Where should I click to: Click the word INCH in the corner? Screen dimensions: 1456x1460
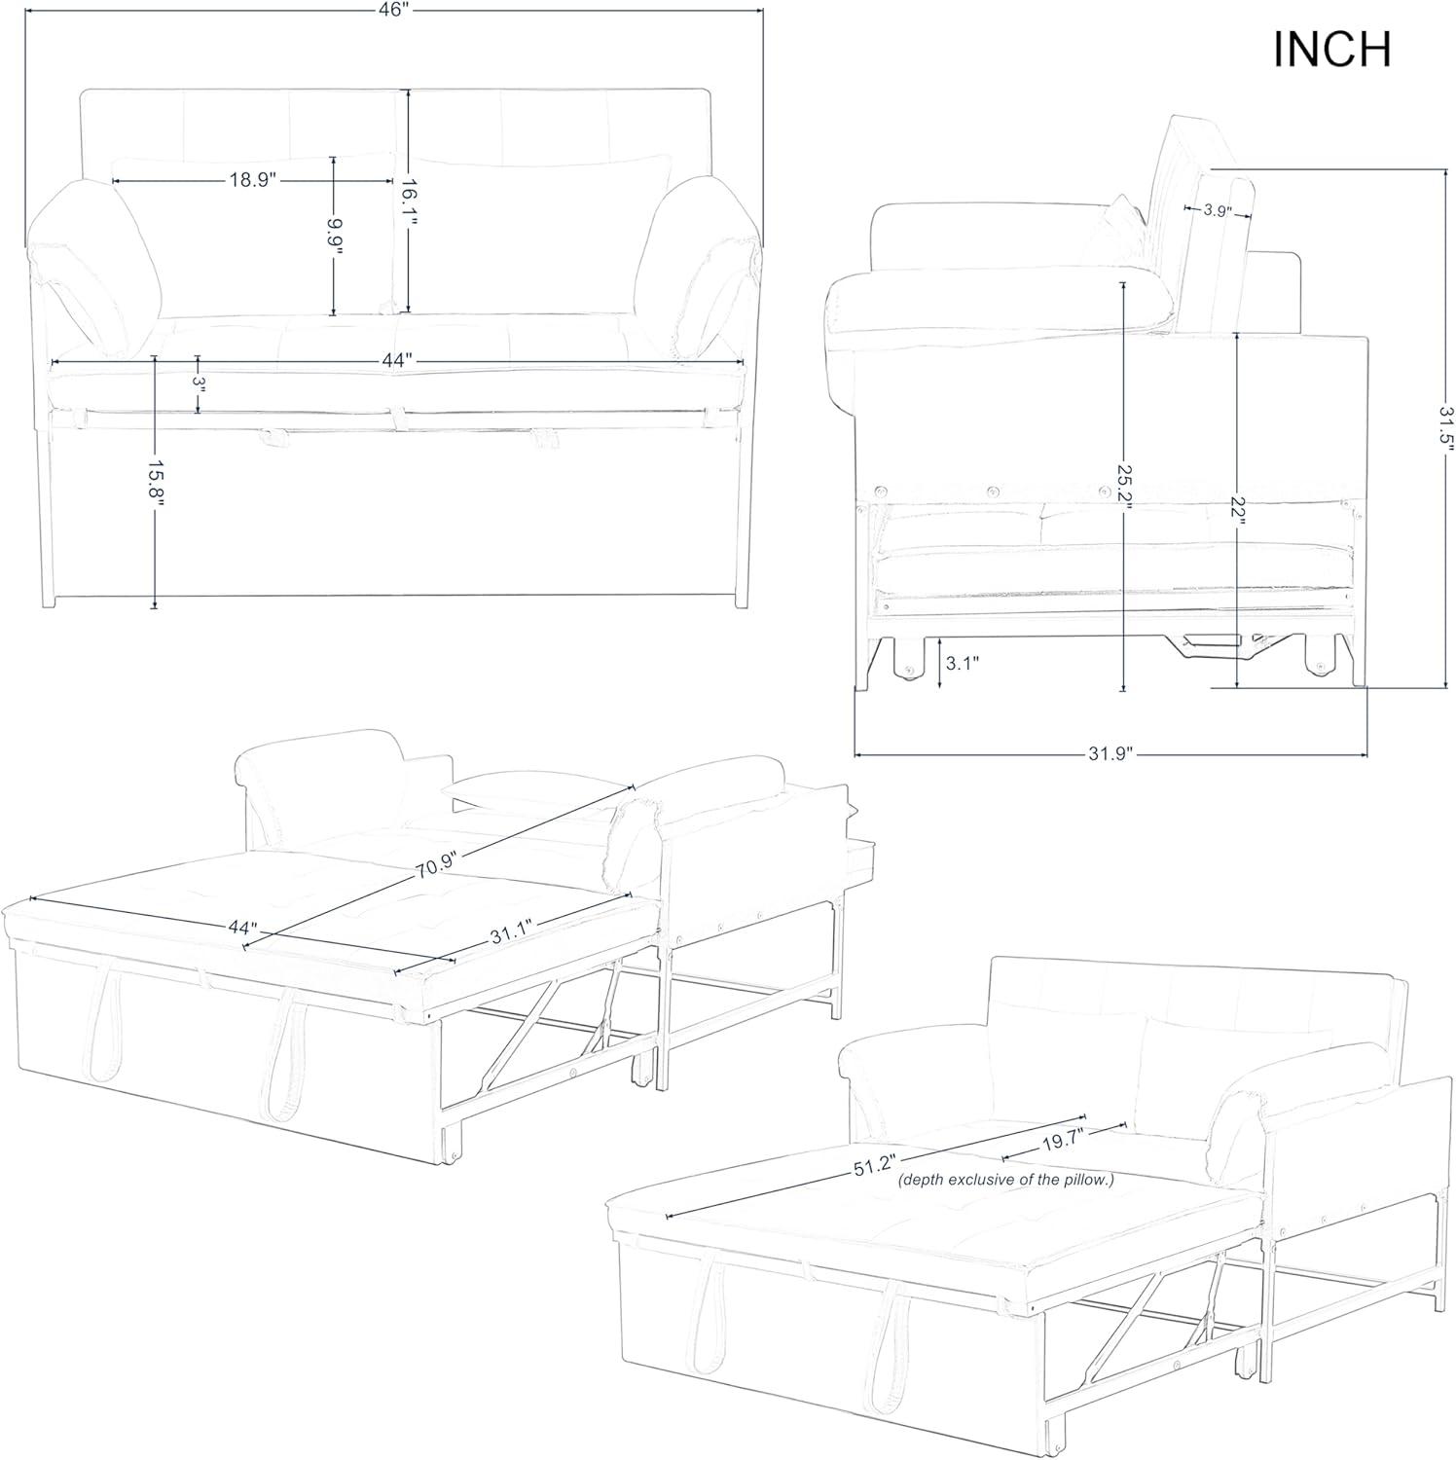pyautogui.click(x=1331, y=49)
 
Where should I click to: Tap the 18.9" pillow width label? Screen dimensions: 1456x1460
pyautogui.click(x=254, y=180)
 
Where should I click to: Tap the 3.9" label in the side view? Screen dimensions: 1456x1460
pyautogui.click(x=1218, y=210)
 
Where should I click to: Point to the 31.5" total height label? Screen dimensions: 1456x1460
pyautogui.click(x=1445, y=425)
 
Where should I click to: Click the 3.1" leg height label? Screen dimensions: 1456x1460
pyautogui.click(x=962, y=663)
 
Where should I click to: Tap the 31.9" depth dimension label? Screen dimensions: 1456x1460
pyautogui.click(x=1111, y=752)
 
